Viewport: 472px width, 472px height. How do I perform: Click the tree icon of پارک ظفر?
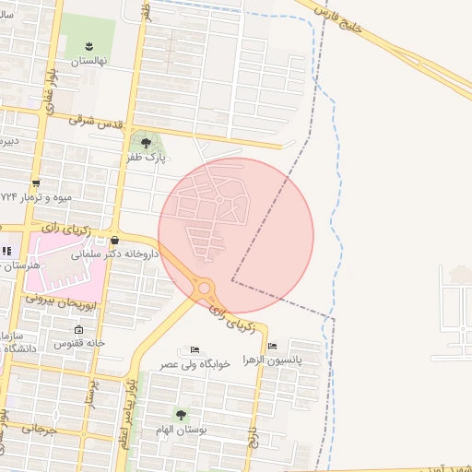click(145, 142)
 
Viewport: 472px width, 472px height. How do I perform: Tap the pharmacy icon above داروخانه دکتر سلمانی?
click(114, 241)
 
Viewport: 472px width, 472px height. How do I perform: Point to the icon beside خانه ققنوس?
click(78, 330)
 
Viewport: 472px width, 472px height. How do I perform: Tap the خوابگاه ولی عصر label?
click(182, 364)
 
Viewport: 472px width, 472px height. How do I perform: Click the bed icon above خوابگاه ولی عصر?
click(195, 350)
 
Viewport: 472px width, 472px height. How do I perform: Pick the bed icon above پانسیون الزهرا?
click(272, 347)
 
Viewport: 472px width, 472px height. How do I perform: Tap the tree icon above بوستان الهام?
click(182, 416)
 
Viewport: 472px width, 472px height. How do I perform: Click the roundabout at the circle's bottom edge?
click(204, 289)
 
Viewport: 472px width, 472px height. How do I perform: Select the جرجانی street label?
click(39, 429)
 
